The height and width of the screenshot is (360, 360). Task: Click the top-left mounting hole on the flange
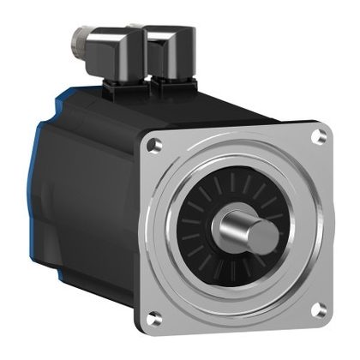pos(155,147)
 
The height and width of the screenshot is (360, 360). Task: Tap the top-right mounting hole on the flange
pos(320,135)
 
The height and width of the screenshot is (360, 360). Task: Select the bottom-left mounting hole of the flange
pos(155,319)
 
